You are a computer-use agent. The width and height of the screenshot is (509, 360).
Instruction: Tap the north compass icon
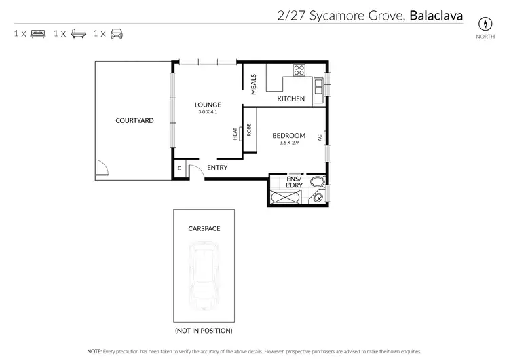485,22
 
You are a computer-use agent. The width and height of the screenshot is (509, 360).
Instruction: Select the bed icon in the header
38,33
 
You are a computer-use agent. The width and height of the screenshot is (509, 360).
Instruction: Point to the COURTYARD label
134,120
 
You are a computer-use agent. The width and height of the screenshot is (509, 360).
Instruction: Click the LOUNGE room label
208,105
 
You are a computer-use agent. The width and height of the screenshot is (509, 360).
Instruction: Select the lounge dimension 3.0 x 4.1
208,111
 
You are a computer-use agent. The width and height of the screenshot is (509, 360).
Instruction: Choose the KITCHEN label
290,99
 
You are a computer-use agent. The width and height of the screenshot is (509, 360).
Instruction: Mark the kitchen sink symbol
318,86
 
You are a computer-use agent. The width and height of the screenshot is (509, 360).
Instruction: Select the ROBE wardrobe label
249,130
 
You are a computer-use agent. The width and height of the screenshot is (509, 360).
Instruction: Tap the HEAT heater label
235,134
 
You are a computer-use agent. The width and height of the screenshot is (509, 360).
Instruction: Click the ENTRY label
217,168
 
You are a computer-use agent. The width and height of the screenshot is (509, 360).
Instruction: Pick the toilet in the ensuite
317,182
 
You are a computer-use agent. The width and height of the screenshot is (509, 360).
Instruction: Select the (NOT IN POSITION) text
204,331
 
